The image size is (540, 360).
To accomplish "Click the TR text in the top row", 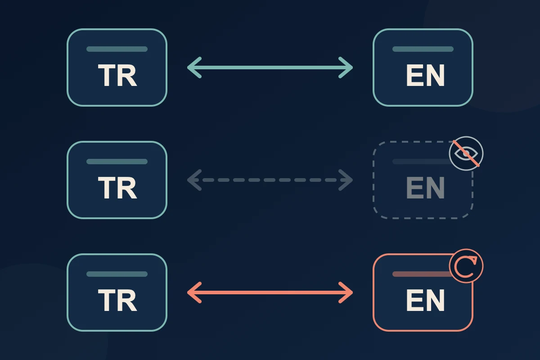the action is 117,75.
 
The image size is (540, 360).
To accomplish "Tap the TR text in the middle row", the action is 117,188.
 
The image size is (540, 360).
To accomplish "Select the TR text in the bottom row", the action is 117,300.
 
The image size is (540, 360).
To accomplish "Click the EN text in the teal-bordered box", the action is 425,75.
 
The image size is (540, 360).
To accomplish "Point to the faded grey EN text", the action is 425,188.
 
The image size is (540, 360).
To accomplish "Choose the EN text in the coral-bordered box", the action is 425,300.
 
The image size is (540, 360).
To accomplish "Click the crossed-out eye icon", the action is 466,153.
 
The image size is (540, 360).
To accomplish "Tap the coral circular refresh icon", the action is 466,265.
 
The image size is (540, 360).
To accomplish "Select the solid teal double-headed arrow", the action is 270,67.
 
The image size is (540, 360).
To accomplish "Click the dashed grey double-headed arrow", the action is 270,180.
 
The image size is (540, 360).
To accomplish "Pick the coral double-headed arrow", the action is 270,292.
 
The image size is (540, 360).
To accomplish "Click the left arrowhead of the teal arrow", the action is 194,67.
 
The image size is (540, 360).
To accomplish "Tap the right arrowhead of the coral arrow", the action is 346,292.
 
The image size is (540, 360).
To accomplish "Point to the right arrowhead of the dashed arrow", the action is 346,180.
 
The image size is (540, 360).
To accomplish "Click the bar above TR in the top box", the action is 117,49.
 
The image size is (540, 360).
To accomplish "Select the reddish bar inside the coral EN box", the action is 422,274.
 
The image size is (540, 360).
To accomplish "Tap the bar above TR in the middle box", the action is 117,162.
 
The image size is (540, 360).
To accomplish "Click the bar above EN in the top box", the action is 423,49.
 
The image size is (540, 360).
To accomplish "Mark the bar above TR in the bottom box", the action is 117,274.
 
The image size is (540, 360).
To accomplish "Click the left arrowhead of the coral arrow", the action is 194,292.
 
